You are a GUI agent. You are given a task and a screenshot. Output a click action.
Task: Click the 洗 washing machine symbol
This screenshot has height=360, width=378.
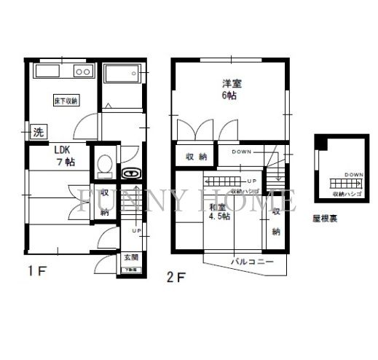[x=37, y=133]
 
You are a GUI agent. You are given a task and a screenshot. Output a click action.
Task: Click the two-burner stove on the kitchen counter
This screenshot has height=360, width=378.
[x=82, y=72]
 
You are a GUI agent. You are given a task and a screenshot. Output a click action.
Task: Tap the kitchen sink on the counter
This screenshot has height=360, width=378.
[x=45, y=73]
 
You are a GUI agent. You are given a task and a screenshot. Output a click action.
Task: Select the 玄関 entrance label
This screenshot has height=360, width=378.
[x=131, y=257]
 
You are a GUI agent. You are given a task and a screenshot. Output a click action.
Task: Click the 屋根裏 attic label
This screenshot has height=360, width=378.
[x=324, y=216]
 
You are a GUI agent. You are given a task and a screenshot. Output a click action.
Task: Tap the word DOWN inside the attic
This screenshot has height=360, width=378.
[x=353, y=175]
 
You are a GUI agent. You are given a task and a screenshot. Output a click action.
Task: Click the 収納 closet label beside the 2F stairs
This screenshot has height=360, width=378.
[x=276, y=221]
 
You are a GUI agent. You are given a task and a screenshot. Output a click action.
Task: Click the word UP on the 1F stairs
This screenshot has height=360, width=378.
[x=136, y=231]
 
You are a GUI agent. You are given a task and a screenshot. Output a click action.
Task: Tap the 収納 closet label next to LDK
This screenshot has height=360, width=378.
[x=105, y=203]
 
